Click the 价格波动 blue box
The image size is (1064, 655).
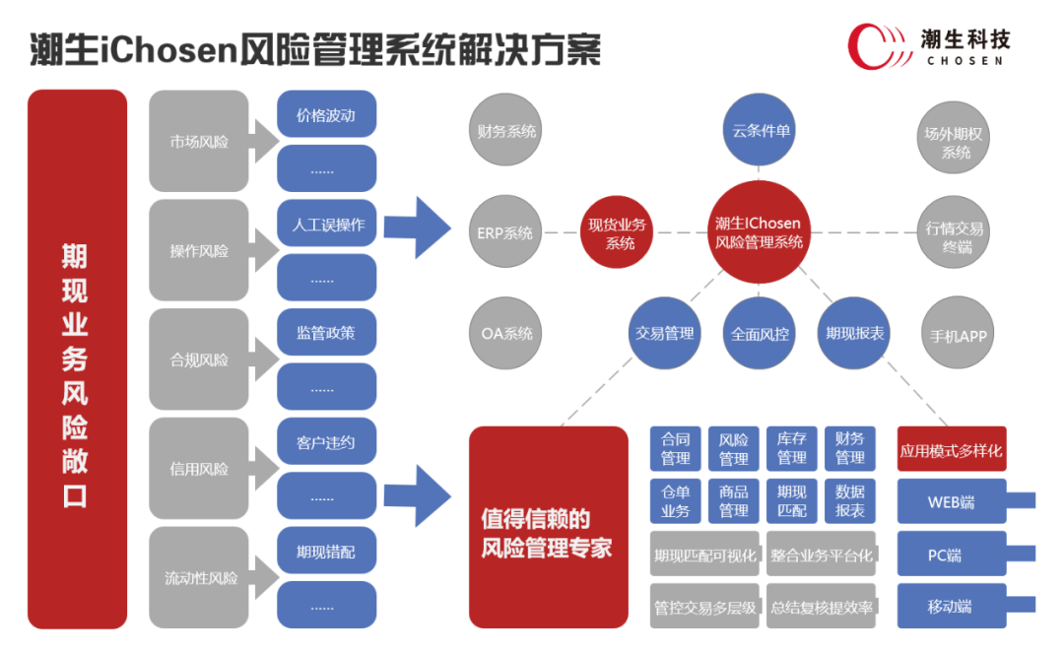[x=326, y=115]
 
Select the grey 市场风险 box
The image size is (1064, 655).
[x=198, y=141]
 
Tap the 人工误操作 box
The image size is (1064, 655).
[x=326, y=225]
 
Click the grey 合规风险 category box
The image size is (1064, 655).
[x=198, y=360]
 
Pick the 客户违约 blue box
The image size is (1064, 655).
[x=326, y=442]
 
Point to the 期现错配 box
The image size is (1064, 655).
[x=326, y=552]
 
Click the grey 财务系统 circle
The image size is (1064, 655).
[x=505, y=130]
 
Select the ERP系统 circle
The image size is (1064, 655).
[x=505, y=233]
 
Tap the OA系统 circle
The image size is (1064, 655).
[x=505, y=333]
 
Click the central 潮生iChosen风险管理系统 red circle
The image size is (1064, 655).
[x=759, y=232]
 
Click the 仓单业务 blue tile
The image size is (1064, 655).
[x=675, y=501]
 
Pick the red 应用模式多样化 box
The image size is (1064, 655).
[x=951, y=450]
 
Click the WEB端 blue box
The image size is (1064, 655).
[x=951, y=501]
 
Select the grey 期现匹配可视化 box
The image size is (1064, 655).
[x=704, y=556]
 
